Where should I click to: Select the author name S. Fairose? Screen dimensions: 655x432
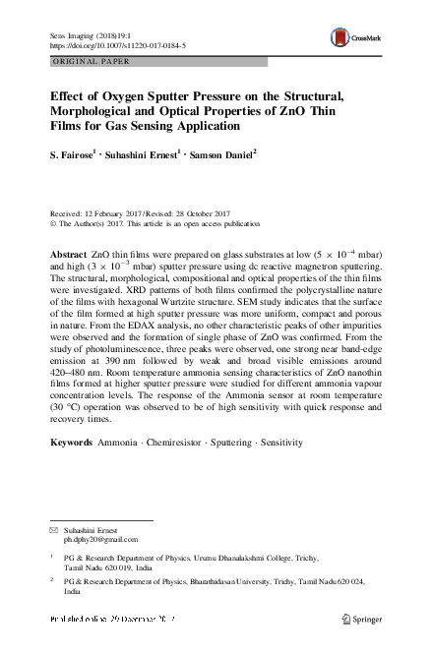click(77, 154)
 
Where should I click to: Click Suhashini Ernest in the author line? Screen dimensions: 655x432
click(147, 154)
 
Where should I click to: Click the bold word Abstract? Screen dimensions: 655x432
click(74, 255)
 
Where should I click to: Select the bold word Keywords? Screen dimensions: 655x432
click(72, 444)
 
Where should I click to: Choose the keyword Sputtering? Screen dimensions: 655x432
click(254, 444)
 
